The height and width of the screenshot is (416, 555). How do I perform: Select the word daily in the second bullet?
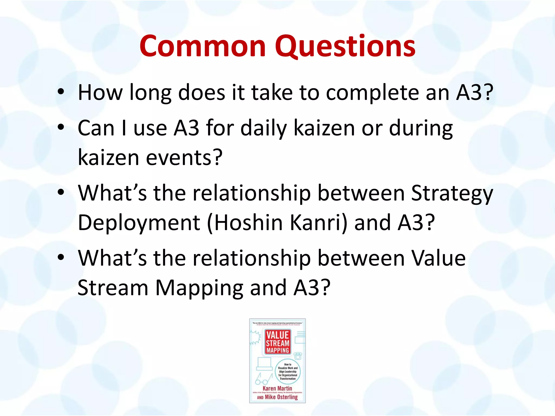tap(264, 129)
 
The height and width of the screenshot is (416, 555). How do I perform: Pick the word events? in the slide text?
tap(184, 158)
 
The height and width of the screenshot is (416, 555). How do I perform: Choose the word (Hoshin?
tap(245, 223)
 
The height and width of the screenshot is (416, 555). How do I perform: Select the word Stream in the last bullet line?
tap(113, 288)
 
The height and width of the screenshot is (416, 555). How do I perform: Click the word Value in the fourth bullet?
tap(438, 258)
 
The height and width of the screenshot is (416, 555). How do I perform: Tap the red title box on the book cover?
tap(277, 342)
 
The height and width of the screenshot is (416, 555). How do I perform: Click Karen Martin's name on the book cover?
tap(277, 388)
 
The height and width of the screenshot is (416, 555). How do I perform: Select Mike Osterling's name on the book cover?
tap(281, 397)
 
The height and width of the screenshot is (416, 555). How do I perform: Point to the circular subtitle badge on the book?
tap(288, 371)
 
